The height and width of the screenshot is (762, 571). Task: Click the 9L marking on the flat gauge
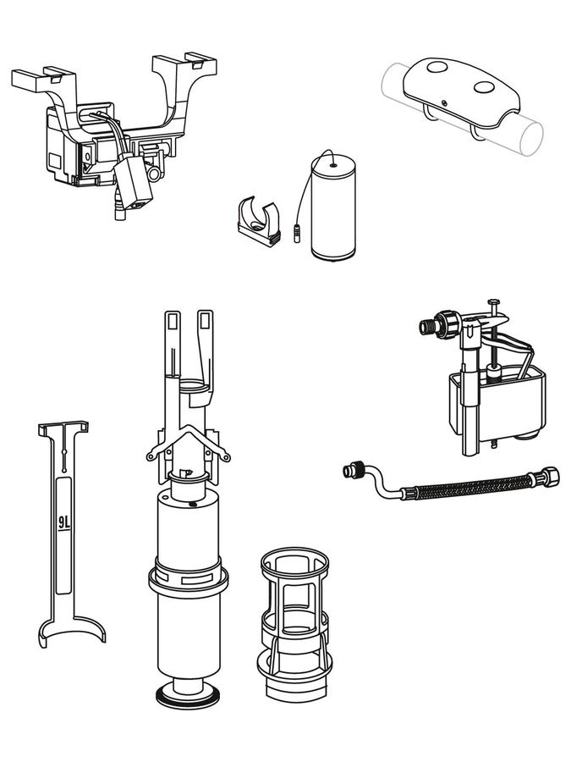coord(64,522)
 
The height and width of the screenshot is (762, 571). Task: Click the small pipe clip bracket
coord(260,221)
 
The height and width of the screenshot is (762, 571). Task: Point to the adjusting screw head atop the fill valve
coord(494,301)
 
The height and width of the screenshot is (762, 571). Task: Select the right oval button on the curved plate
coord(484,87)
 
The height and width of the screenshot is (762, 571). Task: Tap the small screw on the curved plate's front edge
coord(444,102)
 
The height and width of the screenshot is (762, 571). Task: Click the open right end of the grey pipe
coord(531,139)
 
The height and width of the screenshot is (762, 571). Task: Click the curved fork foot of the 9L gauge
coord(71,630)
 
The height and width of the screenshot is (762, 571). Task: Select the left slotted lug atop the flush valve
coord(173,324)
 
